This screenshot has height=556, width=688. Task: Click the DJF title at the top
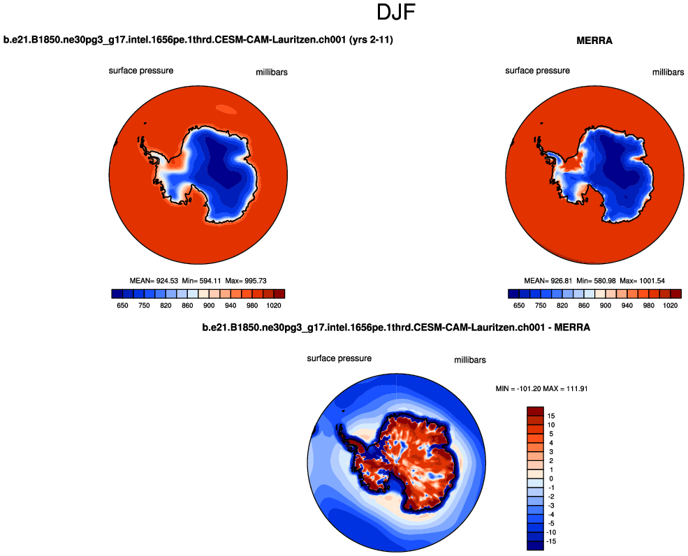[397, 13]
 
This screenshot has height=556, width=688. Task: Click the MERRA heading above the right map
[594, 41]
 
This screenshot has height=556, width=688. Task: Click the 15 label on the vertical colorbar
[551, 415]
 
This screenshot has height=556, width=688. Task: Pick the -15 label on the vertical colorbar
[551, 541]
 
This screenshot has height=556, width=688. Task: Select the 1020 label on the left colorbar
[273, 305]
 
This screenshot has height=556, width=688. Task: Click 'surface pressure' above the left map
[141, 71]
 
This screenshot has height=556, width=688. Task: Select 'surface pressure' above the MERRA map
[538, 71]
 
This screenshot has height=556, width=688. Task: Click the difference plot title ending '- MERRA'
[396, 327]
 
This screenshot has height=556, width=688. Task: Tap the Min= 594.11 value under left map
[198, 281]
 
